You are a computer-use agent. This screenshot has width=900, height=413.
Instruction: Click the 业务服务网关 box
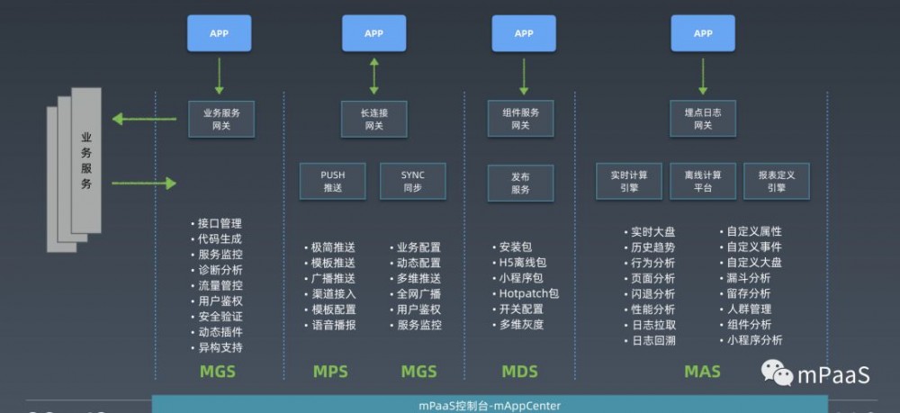(220, 119)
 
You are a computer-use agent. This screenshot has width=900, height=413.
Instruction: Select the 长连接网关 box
(373, 119)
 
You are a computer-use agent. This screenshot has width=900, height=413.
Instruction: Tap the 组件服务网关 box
(520, 119)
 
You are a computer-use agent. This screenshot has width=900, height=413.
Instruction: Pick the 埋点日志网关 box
(703, 119)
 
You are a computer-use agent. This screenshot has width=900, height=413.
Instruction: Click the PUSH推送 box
(333, 181)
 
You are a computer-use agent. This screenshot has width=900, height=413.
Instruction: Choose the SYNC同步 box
(412, 181)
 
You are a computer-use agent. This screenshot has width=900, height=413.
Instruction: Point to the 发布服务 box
(520, 183)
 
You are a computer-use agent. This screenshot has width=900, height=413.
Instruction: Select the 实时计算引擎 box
(629, 181)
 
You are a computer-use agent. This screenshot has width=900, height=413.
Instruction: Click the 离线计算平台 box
(703, 181)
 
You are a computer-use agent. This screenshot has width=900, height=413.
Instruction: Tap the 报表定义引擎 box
(777, 181)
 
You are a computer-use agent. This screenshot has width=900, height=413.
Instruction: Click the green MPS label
(330, 372)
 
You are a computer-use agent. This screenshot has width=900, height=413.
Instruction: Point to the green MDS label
(520, 372)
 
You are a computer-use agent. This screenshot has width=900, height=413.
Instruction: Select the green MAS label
(702, 372)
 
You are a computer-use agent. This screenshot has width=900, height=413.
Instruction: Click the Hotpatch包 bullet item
(529, 293)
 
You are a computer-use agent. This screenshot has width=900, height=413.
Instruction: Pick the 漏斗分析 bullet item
(749, 278)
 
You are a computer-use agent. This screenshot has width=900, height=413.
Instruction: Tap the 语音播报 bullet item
(332, 325)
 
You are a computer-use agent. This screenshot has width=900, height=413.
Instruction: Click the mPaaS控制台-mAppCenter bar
(490, 405)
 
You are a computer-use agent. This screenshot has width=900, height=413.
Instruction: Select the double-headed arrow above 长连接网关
(373, 76)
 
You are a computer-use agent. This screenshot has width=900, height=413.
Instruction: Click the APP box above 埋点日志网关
(703, 33)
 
